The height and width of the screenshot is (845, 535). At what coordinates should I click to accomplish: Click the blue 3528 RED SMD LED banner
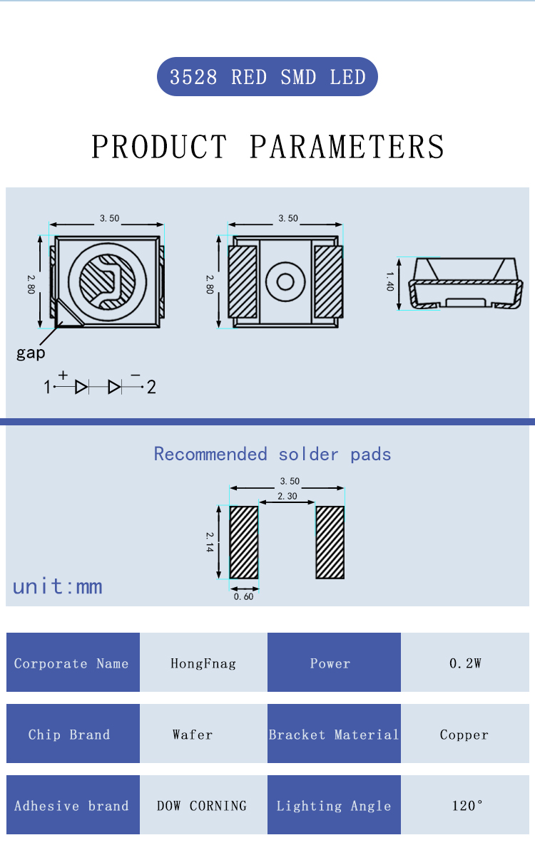pos(267,76)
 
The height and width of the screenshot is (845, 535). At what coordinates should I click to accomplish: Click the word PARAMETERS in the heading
pos(347,147)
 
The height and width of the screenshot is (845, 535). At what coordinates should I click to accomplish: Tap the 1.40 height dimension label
pos(390,281)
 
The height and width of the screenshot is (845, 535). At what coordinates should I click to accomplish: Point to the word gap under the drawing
pos(31,353)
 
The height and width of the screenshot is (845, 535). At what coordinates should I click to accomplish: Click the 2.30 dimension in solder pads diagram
pos(287,496)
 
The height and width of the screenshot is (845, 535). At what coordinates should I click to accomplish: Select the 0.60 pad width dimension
pos(244,596)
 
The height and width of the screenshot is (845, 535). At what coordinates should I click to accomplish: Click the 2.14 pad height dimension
pos(210,542)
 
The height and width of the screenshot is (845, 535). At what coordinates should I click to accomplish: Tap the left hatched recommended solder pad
pos(244,542)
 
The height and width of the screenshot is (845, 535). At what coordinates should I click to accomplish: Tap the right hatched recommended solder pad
pos(330,542)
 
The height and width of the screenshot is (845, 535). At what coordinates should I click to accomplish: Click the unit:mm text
pos(57,586)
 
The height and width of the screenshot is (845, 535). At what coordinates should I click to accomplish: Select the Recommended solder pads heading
pos(272,455)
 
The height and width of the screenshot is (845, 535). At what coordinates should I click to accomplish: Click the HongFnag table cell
pos(203,663)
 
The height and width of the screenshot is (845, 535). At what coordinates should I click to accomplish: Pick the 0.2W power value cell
pos(465,663)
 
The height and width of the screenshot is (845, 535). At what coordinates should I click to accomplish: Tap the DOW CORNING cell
pos(203,805)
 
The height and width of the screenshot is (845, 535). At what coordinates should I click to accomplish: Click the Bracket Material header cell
pos(334,734)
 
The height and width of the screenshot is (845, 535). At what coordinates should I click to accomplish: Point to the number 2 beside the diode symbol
pos(151,387)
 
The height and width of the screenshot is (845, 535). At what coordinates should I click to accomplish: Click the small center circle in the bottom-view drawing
pos(285,281)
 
